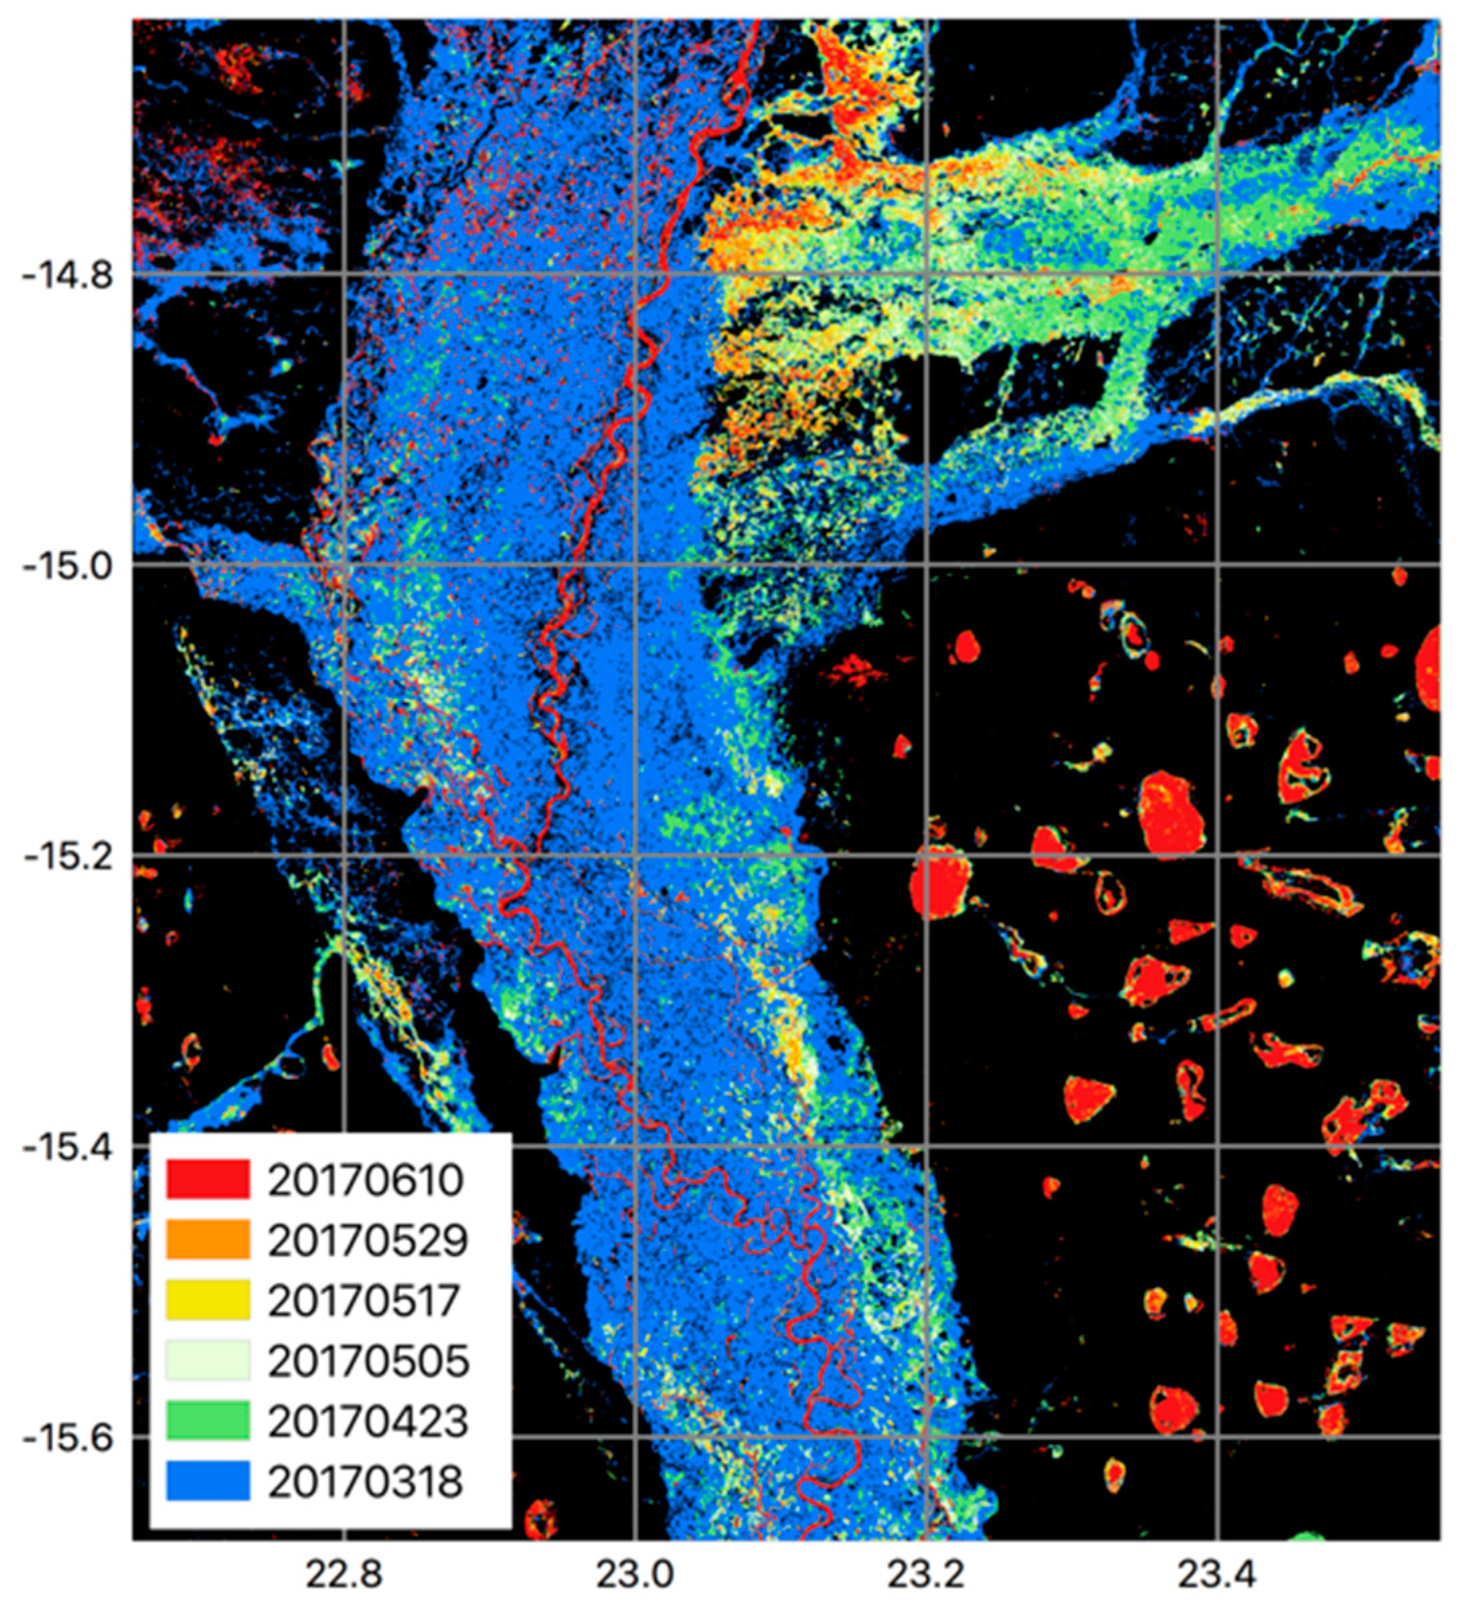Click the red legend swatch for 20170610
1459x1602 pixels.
[x=208, y=1179]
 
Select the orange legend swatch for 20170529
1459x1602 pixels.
[x=208, y=1240]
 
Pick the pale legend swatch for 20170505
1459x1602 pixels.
[x=208, y=1359]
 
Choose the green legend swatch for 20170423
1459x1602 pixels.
[x=208, y=1420]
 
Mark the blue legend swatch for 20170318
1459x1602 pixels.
[x=208, y=1480]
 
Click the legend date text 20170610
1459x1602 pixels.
[x=366, y=1180]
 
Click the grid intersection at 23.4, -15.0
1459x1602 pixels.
[x=1218, y=565]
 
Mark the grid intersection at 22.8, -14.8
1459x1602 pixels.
[x=344, y=274]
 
